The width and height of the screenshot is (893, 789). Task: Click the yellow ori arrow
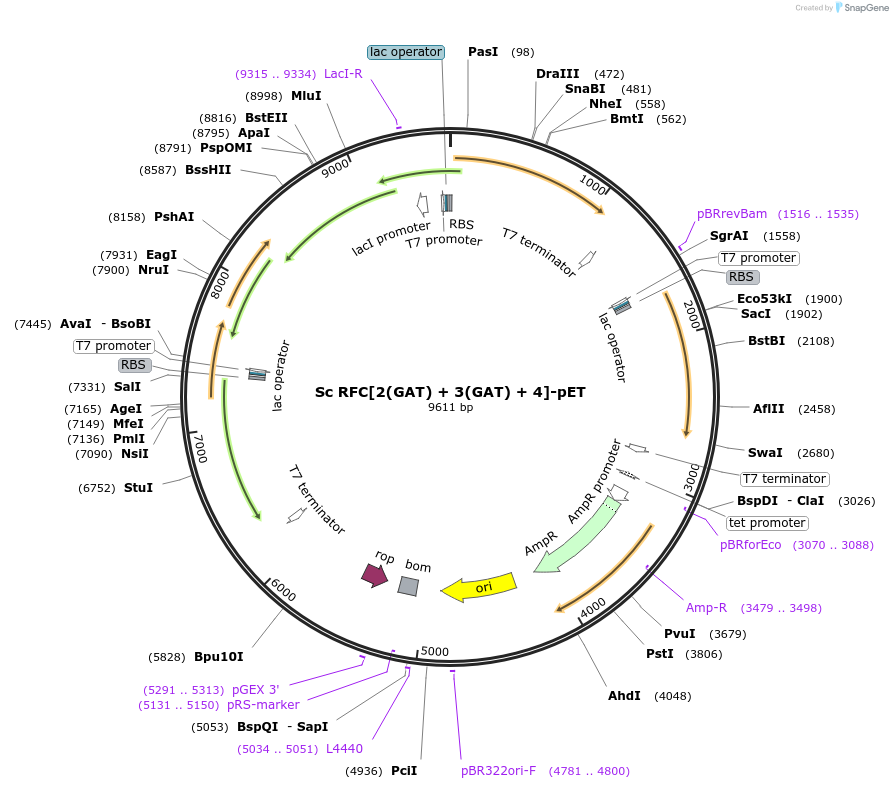(x=479, y=587)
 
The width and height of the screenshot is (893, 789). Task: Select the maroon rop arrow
(x=375, y=575)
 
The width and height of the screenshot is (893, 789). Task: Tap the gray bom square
(x=408, y=586)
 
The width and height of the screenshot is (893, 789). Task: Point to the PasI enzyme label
(x=483, y=52)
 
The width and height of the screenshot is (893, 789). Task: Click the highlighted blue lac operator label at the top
(x=406, y=52)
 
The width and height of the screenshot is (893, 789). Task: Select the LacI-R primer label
(x=343, y=73)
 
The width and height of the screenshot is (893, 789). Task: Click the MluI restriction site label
(x=306, y=96)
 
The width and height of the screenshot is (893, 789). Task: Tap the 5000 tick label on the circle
(x=435, y=651)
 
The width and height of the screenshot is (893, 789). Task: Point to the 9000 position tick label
(x=335, y=167)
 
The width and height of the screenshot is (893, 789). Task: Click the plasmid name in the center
(x=450, y=392)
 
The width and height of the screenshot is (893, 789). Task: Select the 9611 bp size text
(x=450, y=407)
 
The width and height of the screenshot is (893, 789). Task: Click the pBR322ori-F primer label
(x=498, y=771)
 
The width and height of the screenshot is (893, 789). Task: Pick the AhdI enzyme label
(x=624, y=696)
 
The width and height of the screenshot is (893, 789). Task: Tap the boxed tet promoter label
(x=767, y=523)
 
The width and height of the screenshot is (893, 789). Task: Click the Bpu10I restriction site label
(x=219, y=657)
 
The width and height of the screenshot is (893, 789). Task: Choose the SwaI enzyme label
(x=765, y=452)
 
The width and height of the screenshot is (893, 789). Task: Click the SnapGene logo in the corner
(x=862, y=7)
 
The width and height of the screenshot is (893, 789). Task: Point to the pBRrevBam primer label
(x=732, y=214)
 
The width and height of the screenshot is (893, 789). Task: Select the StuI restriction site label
(x=138, y=488)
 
